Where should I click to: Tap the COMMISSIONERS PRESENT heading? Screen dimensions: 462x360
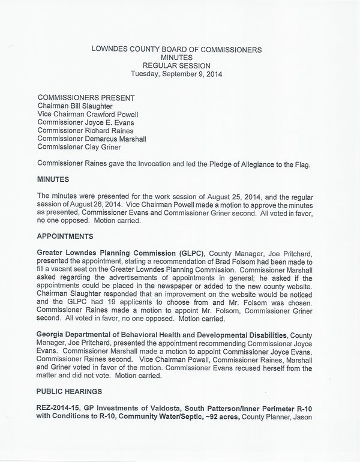[86, 98]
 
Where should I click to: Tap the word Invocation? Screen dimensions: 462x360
[155, 163]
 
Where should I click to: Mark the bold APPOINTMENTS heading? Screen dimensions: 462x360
[67, 236]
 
